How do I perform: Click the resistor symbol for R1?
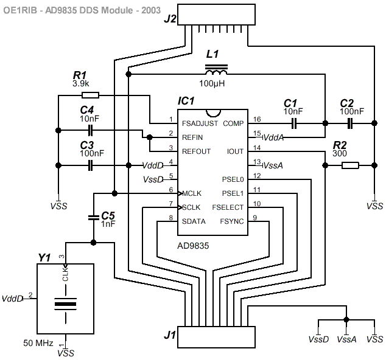pyautogui.click(x=90, y=95)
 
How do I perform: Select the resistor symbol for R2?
pyautogui.click(x=350, y=165)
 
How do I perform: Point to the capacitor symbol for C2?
pyautogui.click(x=350, y=123)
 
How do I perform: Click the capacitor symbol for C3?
pyautogui.click(x=91, y=165)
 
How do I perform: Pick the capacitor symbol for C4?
pyautogui.click(x=91, y=130)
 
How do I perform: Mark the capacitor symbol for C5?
pyautogui.click(x=93, y=217)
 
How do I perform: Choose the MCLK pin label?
pyautogui.click(x=191, y=193)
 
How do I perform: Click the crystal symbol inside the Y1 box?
pyautogui.click(x=66, y=302)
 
